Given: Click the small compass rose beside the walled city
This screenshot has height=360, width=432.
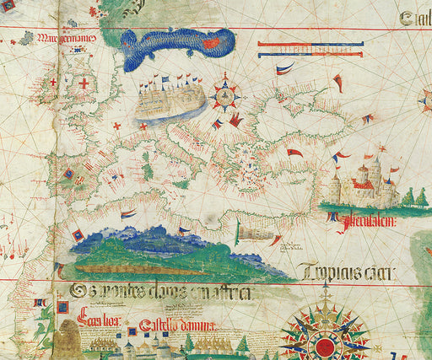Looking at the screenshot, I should pos(225,96).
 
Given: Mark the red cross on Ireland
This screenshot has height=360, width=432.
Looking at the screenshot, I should pos(54,83).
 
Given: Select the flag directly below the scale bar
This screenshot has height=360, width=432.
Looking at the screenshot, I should pos(285,68).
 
